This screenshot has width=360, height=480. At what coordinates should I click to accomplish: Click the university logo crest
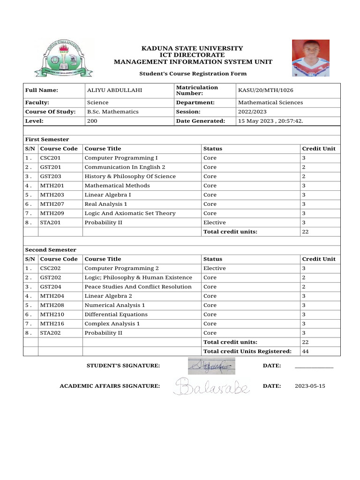63,58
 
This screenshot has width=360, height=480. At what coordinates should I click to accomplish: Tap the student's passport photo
310,58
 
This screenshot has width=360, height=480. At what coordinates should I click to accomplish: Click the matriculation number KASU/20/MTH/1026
266,90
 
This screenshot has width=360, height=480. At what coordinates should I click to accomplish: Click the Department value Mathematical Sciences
270,102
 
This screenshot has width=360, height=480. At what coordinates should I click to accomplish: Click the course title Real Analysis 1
105,204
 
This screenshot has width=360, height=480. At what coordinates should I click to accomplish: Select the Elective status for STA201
214,222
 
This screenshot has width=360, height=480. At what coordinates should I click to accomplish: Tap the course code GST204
50,286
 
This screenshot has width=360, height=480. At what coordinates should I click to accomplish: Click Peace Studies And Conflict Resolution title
138,286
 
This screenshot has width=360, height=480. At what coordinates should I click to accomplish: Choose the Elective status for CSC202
214,268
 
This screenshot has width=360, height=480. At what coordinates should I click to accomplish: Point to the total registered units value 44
305,351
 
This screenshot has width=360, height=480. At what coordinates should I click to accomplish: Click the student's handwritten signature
211,366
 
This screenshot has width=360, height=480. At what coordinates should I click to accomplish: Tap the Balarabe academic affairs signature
211,387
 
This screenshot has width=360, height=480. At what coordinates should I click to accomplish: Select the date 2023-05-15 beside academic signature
309,386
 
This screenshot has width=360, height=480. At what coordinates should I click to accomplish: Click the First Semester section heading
47,139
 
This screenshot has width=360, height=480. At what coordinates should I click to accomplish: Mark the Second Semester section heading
50,250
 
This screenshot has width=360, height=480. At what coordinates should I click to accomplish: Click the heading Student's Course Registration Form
193,74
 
